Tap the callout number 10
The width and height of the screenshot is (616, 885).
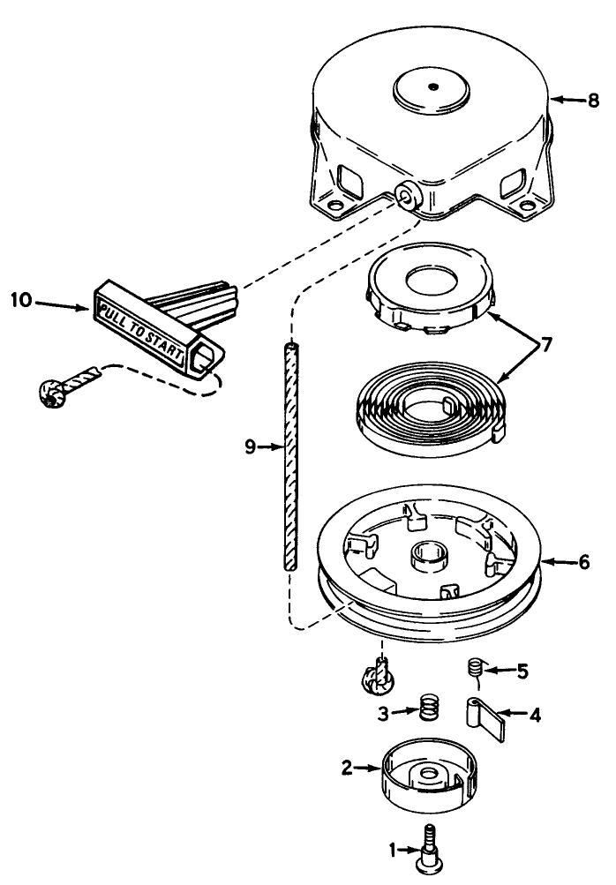20,300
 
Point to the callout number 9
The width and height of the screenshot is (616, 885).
250,447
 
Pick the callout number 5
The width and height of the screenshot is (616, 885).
522,671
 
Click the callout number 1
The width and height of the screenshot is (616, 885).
394,851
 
